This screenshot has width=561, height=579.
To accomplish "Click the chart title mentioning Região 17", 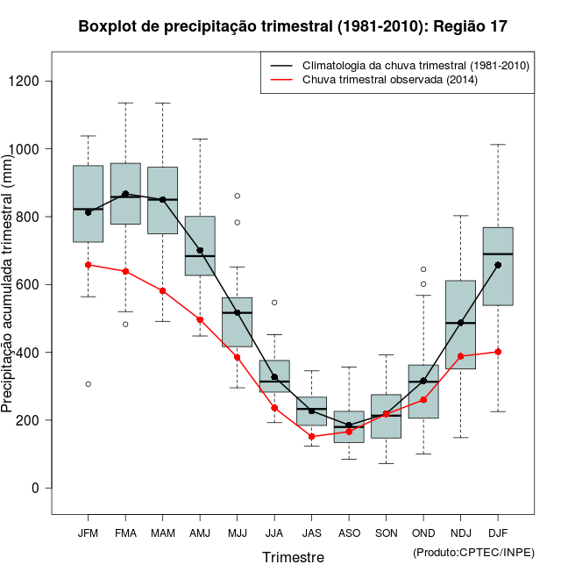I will click(293, 26).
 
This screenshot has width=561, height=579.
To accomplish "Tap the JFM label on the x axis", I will click(88, 533).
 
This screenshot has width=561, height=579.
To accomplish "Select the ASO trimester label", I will click(349, 533).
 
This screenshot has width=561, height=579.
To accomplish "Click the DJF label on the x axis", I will click(498, 533).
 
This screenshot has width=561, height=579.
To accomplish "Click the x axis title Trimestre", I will click(293, 557).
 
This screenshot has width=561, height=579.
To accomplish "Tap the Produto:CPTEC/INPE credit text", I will click(473, 552).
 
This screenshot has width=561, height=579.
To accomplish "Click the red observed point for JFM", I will click(88, 265).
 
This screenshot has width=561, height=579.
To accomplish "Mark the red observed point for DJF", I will click(498, 352).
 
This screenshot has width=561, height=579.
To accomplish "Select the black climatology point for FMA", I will click(125, 194).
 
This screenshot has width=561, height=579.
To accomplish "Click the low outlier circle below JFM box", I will click(88, 384).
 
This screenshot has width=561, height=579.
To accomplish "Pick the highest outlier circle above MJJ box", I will click(237, 196).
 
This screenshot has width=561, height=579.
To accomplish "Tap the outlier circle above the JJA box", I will click(274, 303).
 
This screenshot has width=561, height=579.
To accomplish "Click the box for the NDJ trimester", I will click(460, 325).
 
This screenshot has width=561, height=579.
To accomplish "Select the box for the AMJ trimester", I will click(200, 246).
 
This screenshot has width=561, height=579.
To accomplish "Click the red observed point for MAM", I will click(163, 291).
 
